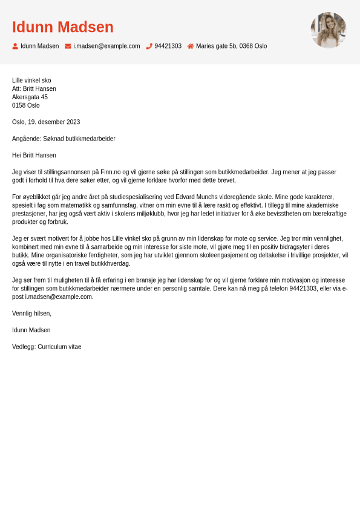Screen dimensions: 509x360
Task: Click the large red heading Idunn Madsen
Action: pos(62,27)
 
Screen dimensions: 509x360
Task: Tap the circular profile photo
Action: pos(328,30)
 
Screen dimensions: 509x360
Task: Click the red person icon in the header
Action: pos(15,46)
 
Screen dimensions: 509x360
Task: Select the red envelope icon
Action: pos(68,46)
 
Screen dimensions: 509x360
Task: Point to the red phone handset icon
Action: pos(149,46)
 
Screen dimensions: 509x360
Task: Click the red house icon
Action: pos(191,46)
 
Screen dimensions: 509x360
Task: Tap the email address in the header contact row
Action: pos(106,46)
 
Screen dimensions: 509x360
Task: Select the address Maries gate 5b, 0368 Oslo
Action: pos(231,46)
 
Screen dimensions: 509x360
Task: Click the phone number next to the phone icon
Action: pos(168,46)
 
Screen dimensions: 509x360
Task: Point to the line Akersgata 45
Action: pos(30,97)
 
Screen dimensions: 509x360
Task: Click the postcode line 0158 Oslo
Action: pos(26,105)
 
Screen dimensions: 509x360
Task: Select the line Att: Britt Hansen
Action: pos(34,88)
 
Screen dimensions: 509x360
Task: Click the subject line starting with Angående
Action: pos(64,139)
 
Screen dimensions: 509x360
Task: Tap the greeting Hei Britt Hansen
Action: pos(34,155)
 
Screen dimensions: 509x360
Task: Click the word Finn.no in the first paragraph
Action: pos(112,172)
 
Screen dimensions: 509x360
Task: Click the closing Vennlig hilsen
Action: pos(31,314)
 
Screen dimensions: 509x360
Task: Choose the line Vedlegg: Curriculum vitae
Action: pos(47,347)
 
